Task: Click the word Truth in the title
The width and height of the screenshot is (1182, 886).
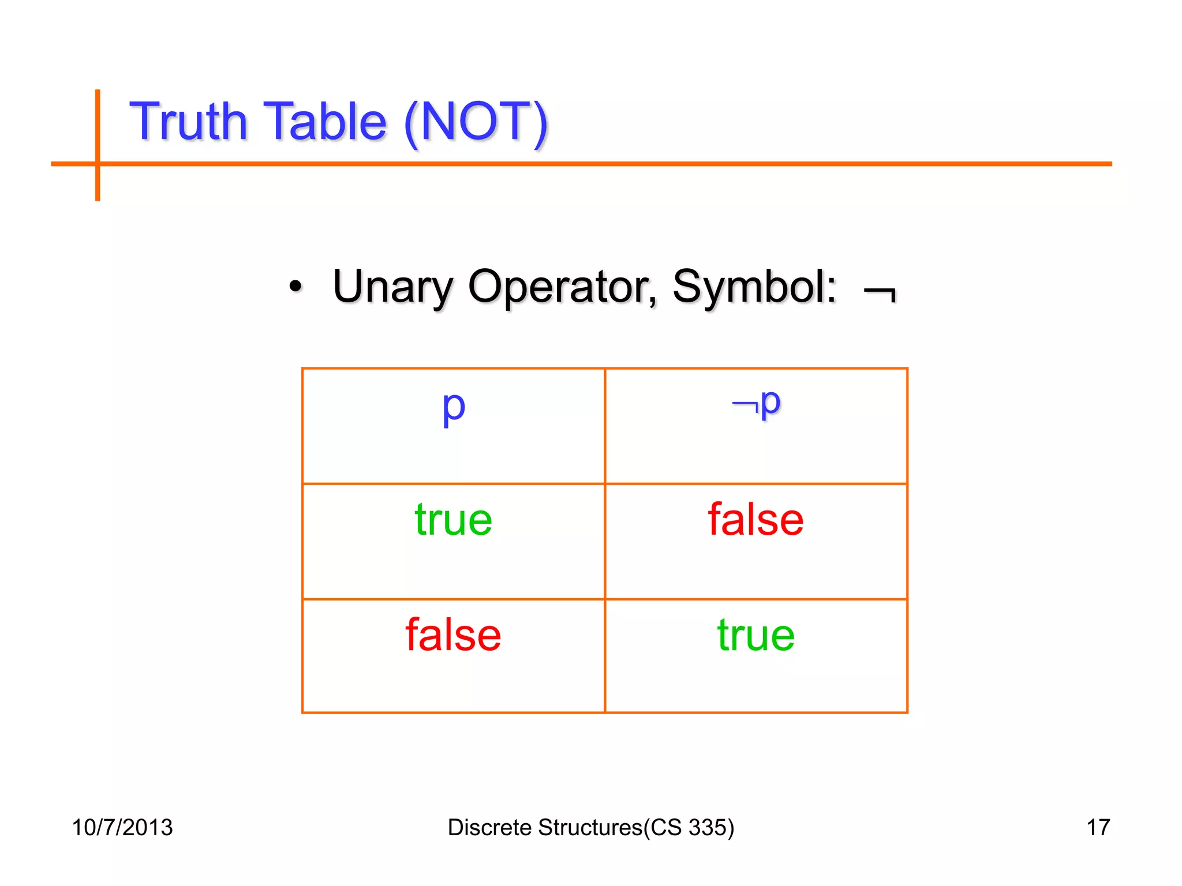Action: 188,122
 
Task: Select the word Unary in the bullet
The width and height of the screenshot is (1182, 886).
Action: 393,287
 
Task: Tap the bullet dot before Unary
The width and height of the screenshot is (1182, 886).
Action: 295,286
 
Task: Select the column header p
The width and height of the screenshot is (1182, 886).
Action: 454,407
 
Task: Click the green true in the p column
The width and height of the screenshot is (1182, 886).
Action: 454,520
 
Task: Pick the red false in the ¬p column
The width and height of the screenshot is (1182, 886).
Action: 756,520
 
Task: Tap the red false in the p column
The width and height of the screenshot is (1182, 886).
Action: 454,635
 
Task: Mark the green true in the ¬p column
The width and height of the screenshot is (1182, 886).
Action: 756,635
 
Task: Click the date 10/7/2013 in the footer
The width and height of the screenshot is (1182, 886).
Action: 122,827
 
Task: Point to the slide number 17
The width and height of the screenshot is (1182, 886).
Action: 1098,827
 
